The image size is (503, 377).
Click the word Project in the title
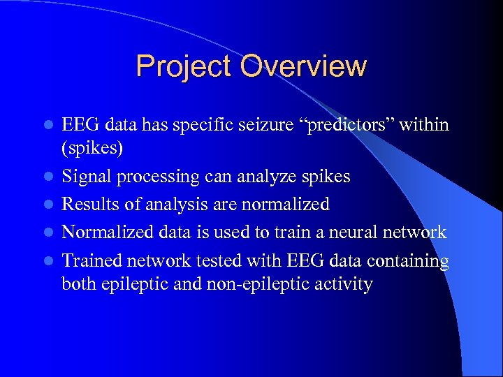(x=184, y=67)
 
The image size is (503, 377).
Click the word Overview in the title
(x=303, y=67)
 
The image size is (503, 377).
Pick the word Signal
(x=83, y=177)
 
